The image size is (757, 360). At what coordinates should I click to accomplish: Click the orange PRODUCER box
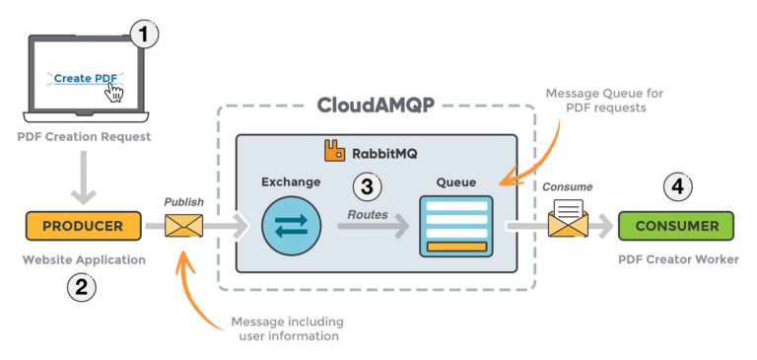[84, 226]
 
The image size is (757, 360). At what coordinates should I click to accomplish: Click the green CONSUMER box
[675, 226]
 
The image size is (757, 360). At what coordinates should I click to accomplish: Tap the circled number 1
[145, 36]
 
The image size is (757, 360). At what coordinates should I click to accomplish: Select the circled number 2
[82, 288]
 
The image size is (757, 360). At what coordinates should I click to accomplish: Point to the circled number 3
[367, 185]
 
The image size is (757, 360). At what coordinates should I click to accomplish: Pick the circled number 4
[675, 185]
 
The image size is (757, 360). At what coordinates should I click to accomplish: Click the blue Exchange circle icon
[292, 226]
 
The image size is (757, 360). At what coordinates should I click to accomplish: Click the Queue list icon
[455, 226]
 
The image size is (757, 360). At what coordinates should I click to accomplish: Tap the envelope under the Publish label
[183, 227]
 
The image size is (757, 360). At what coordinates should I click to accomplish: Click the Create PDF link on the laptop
[85, 78]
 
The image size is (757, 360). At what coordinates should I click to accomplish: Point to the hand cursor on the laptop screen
[115, 92]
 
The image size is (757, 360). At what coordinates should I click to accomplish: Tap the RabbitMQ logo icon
[335, 151]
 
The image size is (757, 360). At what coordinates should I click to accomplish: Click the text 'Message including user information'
[285, 328]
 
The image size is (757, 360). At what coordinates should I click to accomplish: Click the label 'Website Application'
[84, 259]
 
